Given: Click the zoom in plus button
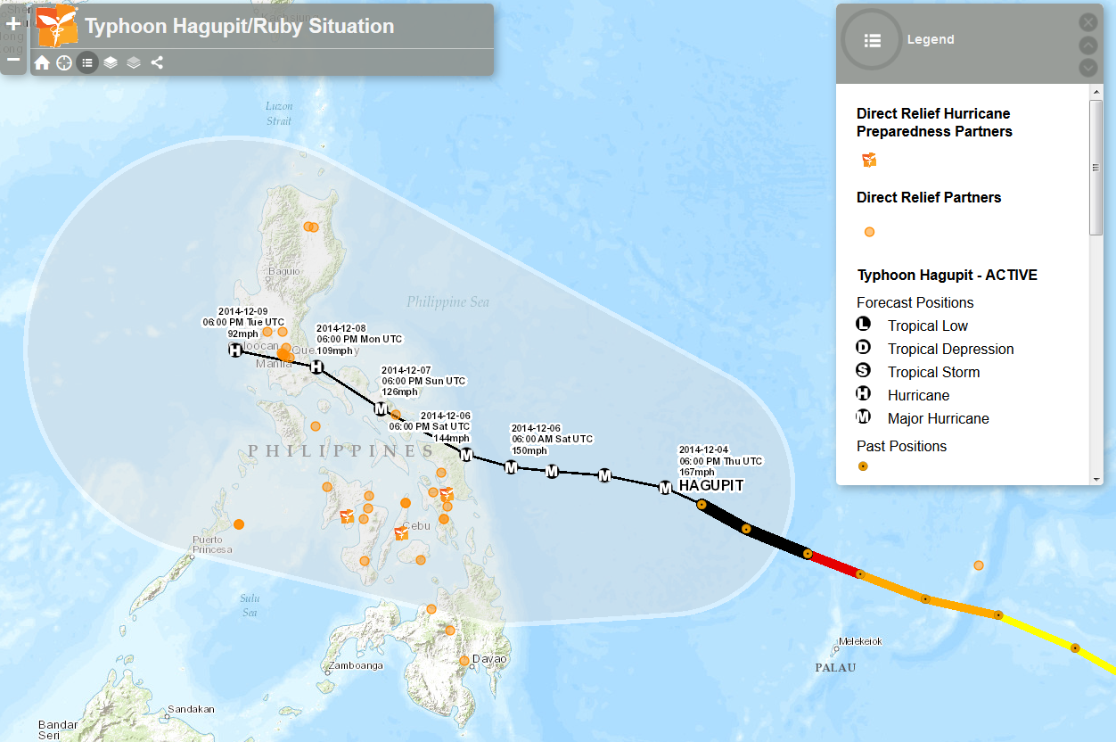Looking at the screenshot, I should [x=13, y=24].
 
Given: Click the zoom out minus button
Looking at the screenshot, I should [x=13, y=60].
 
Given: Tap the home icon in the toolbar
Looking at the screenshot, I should [x=42, y=62].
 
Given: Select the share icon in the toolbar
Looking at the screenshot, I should [x=157, y=62].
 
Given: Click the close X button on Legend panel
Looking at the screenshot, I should [x=1088, y=22].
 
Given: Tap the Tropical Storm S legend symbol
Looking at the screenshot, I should [x=863, y=371].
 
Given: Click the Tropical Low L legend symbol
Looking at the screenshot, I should [x=863, y=325].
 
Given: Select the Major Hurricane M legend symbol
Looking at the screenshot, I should [x=863, y=417].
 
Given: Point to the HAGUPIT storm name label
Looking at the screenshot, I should [x=710, y=485].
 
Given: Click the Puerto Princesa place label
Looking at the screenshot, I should [x=212, y=544].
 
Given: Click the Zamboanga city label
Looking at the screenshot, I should [x=356, y=665].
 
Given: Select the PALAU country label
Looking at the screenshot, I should [x=835, y=667].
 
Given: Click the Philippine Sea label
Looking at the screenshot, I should [x=447, y=301].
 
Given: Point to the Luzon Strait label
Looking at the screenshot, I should [x=278, y=113].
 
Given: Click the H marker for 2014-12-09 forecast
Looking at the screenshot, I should [x=235, y=350].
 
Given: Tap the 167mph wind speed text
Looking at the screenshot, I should [x=696, y=472].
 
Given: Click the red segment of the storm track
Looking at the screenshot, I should [x=833, y=564].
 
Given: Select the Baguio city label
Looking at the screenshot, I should [x=283, y=270].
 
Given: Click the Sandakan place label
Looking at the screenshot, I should [x=191, y=709].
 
